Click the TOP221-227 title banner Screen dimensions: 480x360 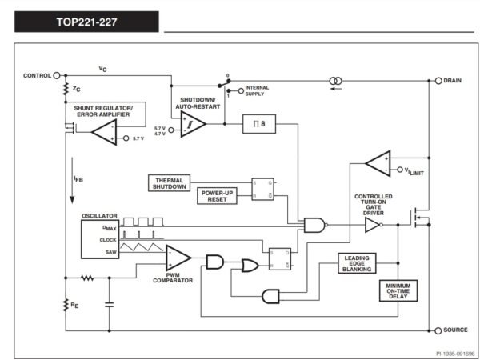pyautogui.click(x=86, y=22)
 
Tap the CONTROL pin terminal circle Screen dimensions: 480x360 pyautogui.click(x=57, y=76)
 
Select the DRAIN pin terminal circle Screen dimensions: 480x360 pyautogui.click(x=438, y=81)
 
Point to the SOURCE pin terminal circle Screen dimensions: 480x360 pyautogui.click(x=438, y=330)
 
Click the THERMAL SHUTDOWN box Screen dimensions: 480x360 pyautogui.click(x=170, y=183)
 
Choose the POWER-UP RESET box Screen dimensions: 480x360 pyautogui.click(x=217, y=196)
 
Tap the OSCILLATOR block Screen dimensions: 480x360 pyautogui.click(x=100, y=239)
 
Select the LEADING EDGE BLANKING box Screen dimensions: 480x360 pyautogui.click(x=357, y=263)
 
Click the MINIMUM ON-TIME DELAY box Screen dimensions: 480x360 pyautogui.click(x=398, y=291)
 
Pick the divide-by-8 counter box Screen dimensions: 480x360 pyautogui.click(x=259, y=124)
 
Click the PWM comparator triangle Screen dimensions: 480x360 pyautogui.click(x=178, y=258)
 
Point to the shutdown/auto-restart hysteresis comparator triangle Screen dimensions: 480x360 pyautogui.click(x=193, y=124)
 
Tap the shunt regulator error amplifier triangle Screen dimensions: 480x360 pyautogui.click(x=104, y=132)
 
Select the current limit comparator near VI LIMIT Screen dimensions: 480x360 pyautogui.click(x=378, y=163)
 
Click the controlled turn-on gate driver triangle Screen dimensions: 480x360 pyautogui.click(x=373, y=225)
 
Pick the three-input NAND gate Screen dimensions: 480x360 pyautogui.click(x=315, y=225)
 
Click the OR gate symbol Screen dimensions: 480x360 pyautogui.click(x=250, y=266)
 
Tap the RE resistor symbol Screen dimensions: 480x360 pyautogui.click(x=66, y=305)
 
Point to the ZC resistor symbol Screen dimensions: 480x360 pyautogui.click(x=66, y=89)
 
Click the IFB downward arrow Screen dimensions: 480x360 pyautogui.click(x=72, y=180)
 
